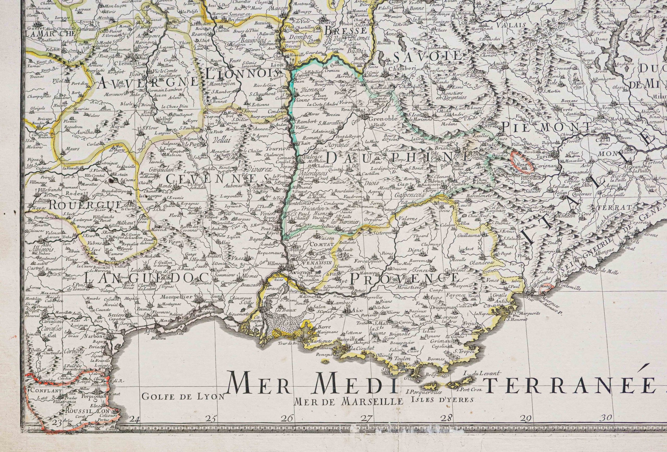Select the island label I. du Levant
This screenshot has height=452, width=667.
pos(481,381)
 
